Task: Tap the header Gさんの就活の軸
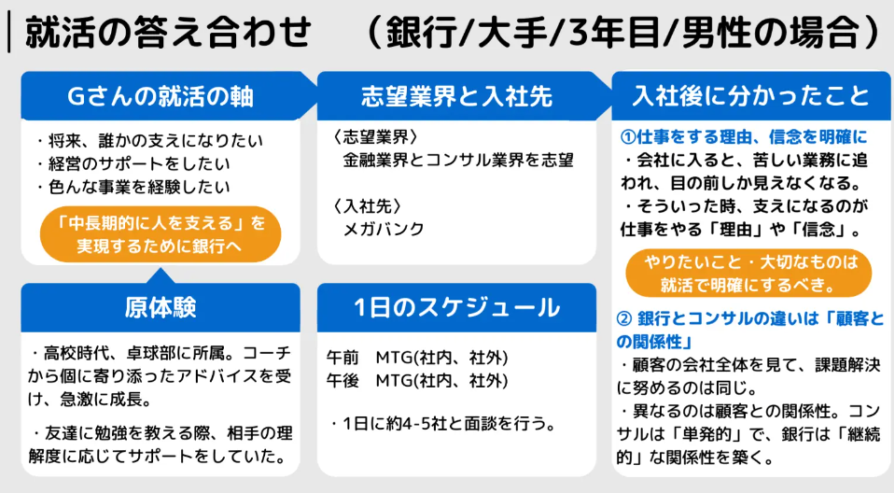(x=161, y=96)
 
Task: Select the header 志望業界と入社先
(x=456, y=96)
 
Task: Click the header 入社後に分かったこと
(x=751, y=96)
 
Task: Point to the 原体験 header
(x=161, y=307)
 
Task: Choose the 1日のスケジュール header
(x=456, y=307)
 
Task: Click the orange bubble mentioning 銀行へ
(x=161, y=234)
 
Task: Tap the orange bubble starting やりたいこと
(x=748, y=273)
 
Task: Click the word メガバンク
(x=384, y=229)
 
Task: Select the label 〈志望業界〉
(x=375, y=137)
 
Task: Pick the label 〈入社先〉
(x=367, y=206)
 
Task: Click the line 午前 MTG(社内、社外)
(x=417, y=358)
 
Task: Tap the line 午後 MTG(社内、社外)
(x=417, y=381)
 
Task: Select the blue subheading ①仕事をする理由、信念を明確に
(x=744, y=137)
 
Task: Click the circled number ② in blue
(x=624, y=317)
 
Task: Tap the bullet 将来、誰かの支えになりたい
(x=149, y=140)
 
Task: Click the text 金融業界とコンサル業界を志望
(x=458, y=160)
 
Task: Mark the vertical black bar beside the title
(x=8, y=33)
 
